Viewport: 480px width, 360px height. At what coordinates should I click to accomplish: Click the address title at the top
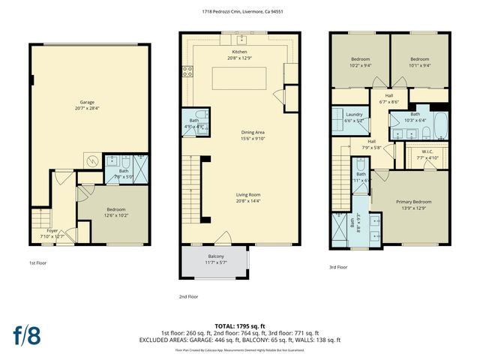(239, 11)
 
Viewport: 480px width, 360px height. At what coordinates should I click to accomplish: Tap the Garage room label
(88, 103)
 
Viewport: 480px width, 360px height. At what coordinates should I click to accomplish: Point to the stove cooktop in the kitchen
(187, 72)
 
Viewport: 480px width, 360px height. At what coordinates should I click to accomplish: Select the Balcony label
(216, 256)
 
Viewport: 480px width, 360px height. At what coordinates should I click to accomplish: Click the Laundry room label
(353, 115)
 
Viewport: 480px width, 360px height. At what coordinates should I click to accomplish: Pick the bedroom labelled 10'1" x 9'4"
(420, 61)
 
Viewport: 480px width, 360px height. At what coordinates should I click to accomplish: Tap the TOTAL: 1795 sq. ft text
(239, 325)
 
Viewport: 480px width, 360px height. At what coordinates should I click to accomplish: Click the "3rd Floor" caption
(338, 267)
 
